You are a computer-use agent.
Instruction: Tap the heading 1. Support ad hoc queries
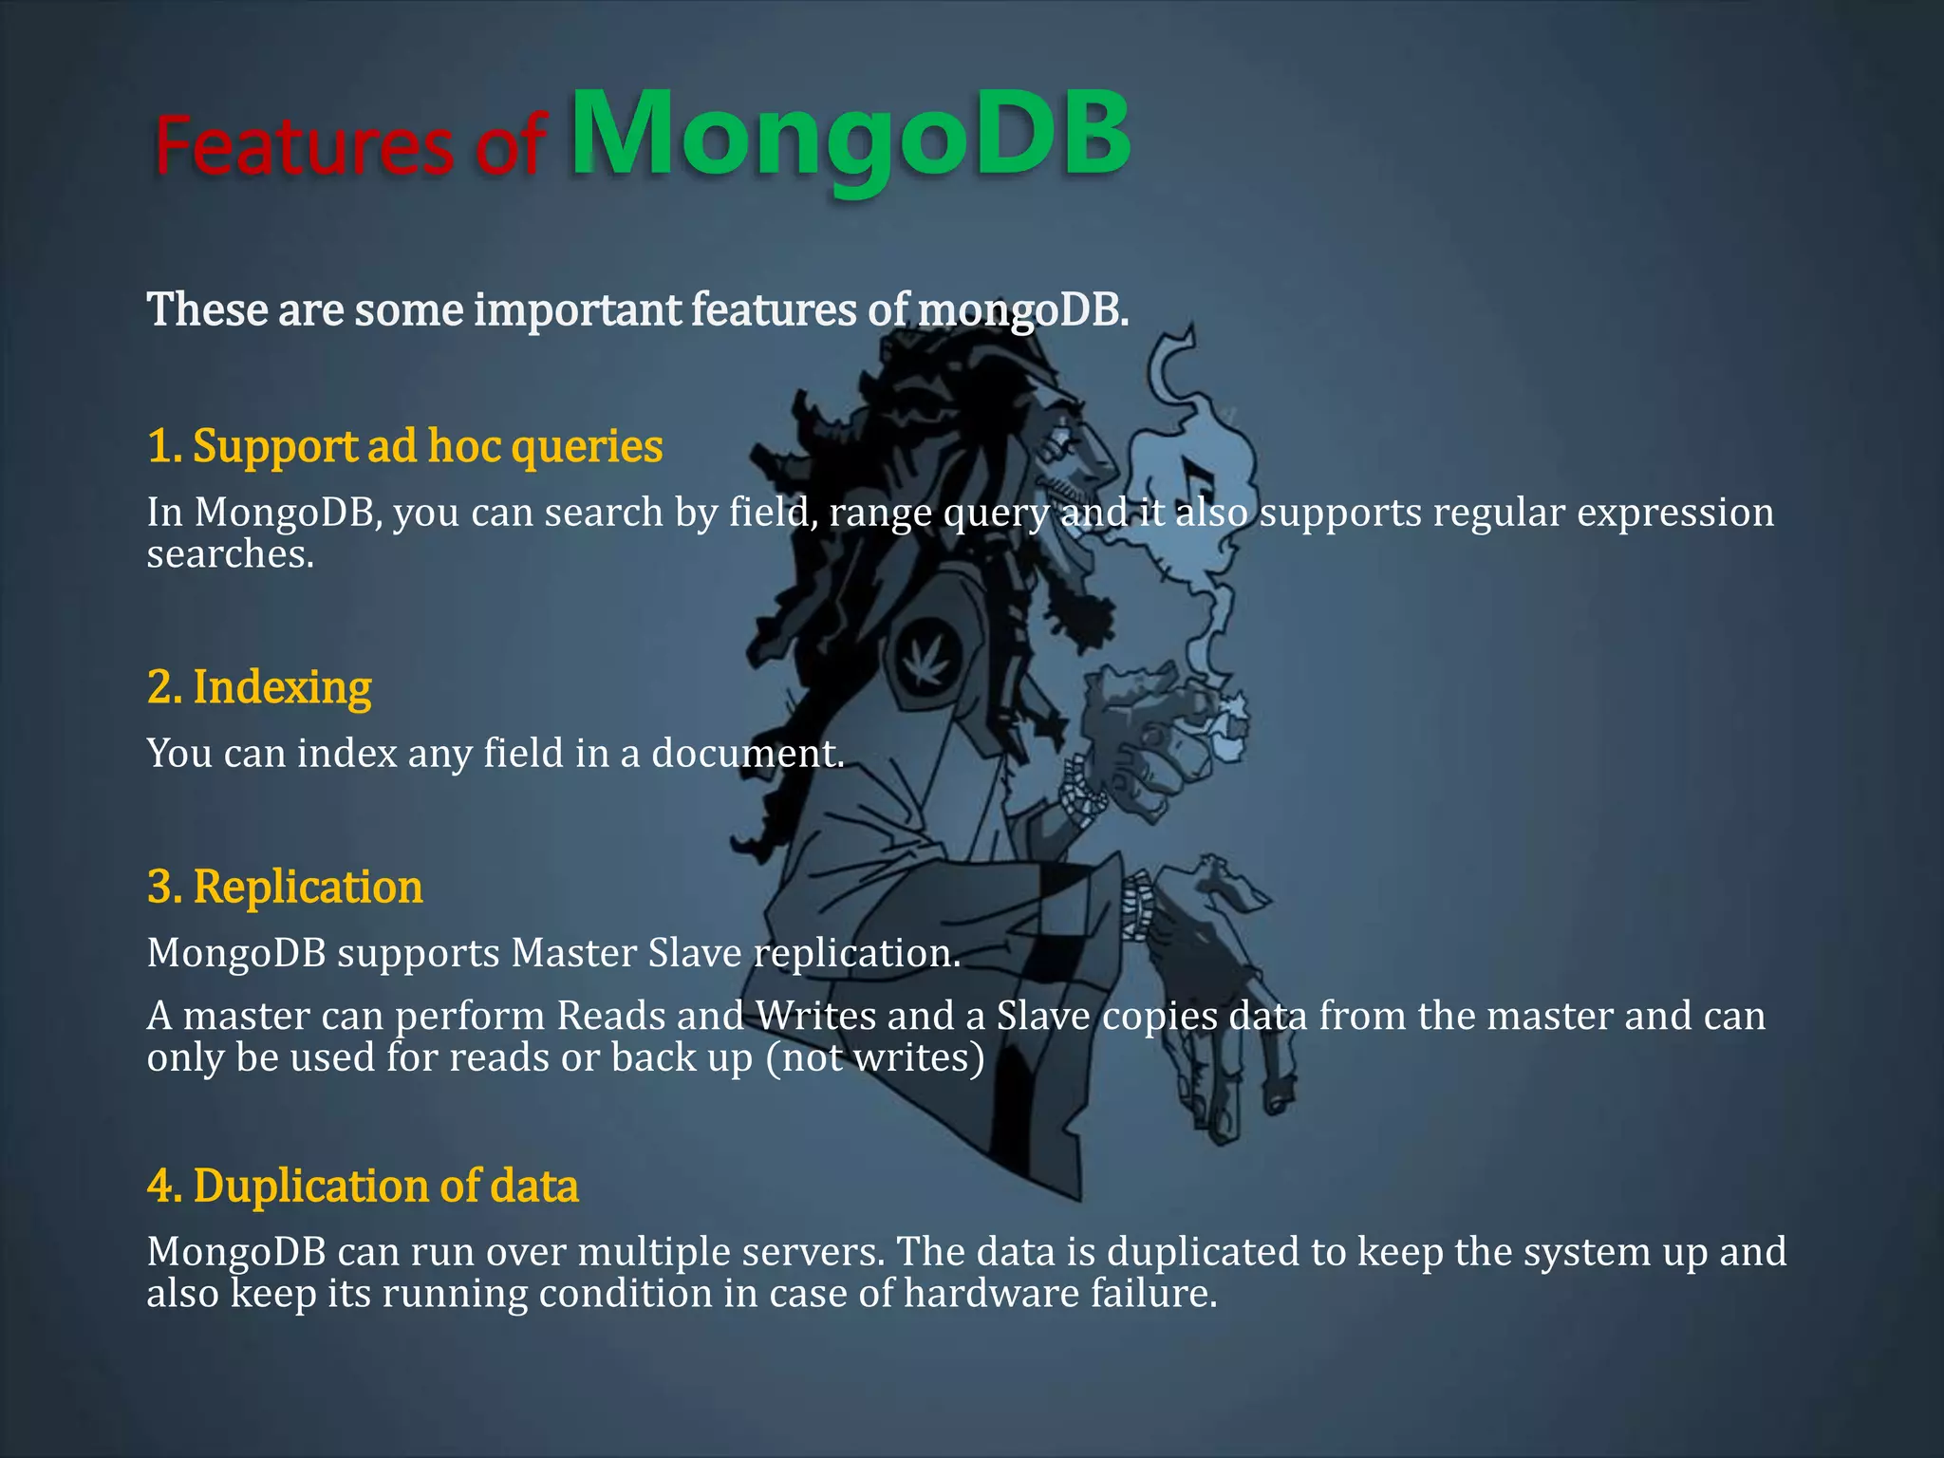(x=404, y=446)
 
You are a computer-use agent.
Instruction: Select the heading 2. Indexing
(x=259, y=687)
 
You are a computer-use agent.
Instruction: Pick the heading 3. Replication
(x=285, y=888)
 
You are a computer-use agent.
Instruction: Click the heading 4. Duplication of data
(x=363, y=1187)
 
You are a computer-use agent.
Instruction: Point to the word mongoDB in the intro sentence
(x=1023, y=310)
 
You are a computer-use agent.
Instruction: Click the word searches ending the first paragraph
(x=229, y=554)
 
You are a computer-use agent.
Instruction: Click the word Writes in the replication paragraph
(x=816, y=1017)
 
